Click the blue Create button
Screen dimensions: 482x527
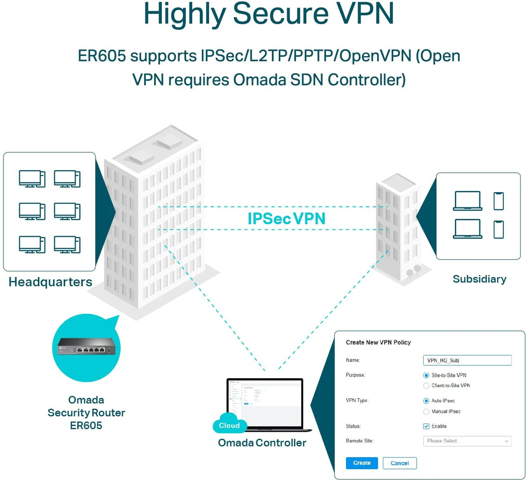(362, 463)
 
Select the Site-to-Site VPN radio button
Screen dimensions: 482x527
(426, 375)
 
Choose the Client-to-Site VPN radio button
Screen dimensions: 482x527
(426, 386)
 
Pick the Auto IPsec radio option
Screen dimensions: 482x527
(426, 401)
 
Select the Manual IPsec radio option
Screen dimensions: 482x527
(426, 411)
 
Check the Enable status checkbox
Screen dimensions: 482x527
(426, 426)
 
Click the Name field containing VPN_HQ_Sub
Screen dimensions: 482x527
(467, 360)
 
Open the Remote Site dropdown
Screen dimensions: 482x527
(467, 441)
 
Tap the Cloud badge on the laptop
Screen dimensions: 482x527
(229, 426)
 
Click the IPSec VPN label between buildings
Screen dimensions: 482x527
(287, 219)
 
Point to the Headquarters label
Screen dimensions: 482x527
(50, 282)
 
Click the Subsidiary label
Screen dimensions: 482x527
(479, 279)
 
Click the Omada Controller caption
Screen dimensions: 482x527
(262, 443)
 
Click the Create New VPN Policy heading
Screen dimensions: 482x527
(378, 342)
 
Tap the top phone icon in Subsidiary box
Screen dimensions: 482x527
(499, 201)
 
